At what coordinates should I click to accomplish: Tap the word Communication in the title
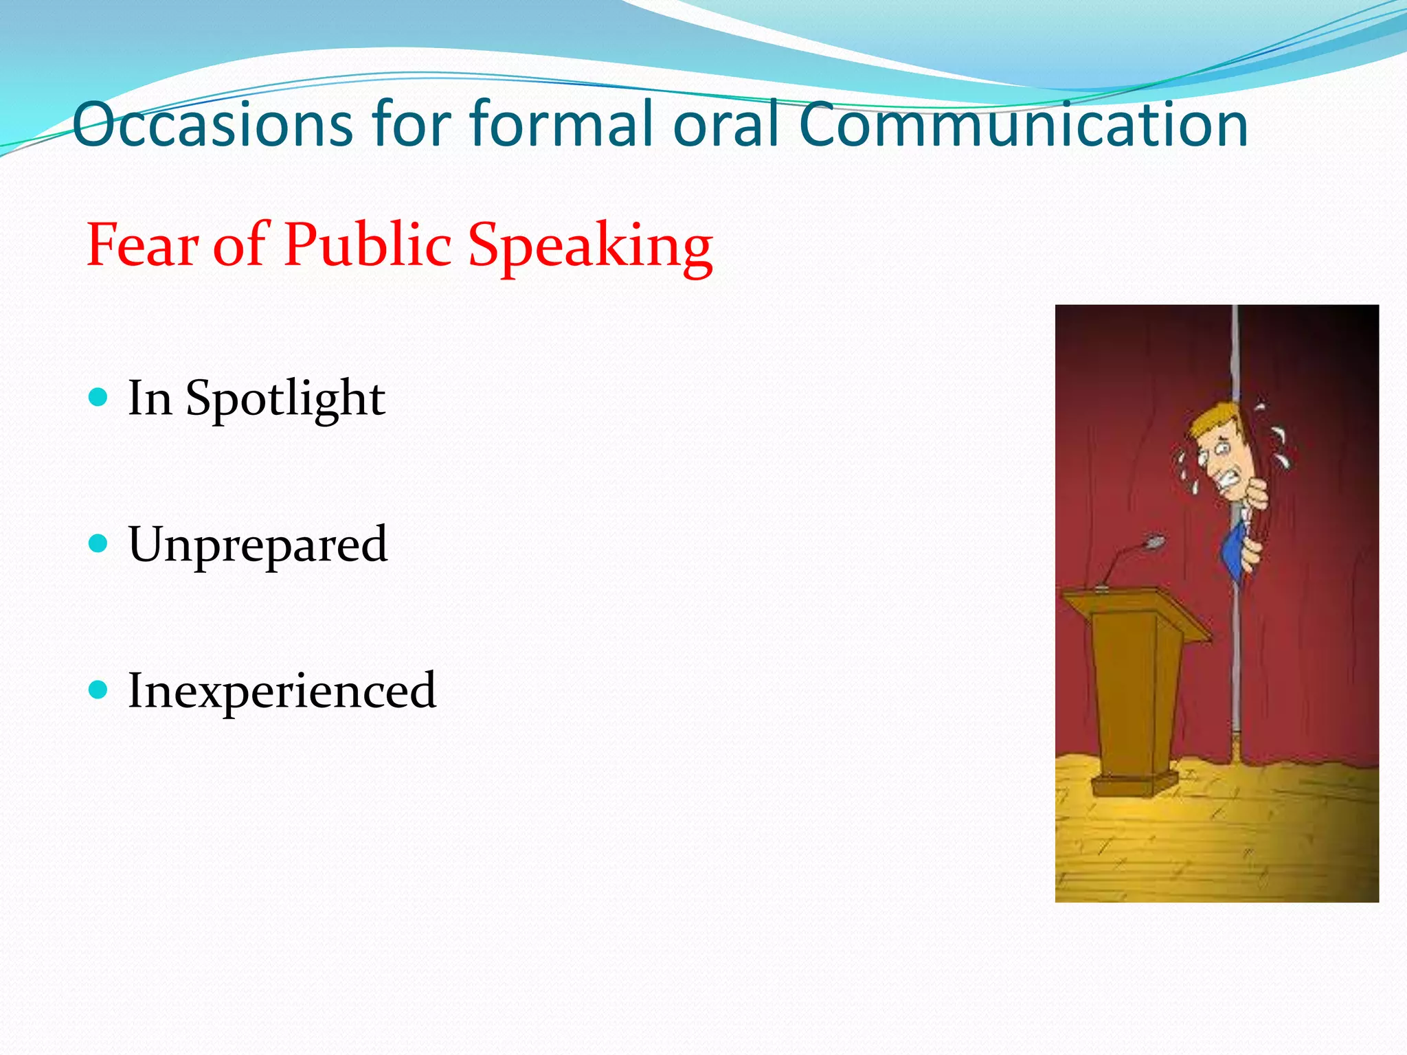coord(1024,125)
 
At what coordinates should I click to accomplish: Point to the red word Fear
coord(143,245)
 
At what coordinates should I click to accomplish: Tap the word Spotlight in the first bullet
coord(285,399)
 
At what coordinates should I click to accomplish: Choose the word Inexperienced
coord(282,691)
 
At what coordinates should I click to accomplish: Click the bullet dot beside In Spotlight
coord(99,397)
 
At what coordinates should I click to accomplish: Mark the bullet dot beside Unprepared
coord(99,544)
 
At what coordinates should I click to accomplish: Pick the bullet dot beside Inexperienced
coord(99,689)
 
